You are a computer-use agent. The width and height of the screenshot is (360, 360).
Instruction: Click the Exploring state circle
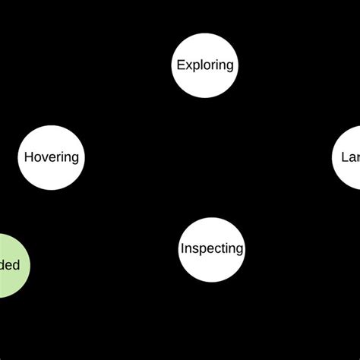tap(204, 65)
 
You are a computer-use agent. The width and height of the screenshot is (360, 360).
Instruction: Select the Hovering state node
tap(51, 157)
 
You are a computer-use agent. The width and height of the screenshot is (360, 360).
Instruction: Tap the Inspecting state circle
tap(212, 248)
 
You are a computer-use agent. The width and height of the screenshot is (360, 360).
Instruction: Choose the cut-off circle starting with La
tap(349, 157)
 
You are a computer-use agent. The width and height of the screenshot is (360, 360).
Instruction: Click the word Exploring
tap(204, 65)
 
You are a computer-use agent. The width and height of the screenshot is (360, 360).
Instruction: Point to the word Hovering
tap(51, 157)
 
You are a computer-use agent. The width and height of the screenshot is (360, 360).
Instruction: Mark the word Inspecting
tap(212, 248)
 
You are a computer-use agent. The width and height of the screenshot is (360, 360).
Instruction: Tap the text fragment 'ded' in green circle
tap(9, 265)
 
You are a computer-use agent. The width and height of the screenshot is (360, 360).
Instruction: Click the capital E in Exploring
tap(180, 65)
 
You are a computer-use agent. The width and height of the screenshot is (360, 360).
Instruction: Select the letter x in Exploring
tap(188, 65)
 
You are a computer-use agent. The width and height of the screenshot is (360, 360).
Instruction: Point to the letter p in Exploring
tap(194, 66)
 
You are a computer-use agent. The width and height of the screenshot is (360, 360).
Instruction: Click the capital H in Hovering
tap(28, 157)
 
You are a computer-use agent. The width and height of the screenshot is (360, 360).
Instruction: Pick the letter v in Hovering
tap(44, 158)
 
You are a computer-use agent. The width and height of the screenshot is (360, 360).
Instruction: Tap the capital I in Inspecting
tap(182, 248)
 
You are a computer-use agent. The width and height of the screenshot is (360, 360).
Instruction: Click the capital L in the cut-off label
tap(344, 157)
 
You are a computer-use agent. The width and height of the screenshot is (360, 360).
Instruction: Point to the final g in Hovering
tap(74, 159)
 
